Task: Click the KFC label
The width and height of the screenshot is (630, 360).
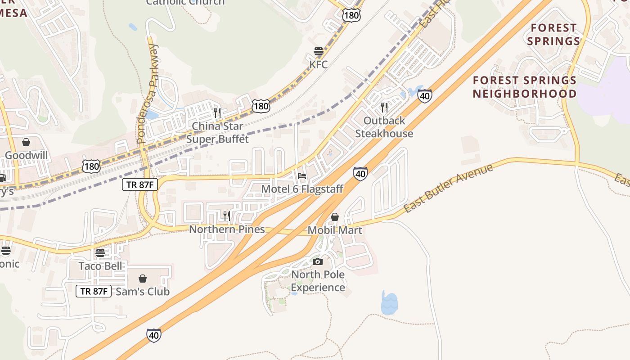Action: (x=318, y=64)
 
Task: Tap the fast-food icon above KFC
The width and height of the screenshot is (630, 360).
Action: (x=319, y=51)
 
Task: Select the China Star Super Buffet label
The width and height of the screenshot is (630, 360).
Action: (x=217, y=133)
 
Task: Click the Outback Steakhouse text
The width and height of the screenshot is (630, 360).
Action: (x=384, y=127)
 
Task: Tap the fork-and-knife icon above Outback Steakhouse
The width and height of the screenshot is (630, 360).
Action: (x=384, y=107)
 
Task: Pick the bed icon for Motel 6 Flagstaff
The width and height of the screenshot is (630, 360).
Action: (x=302, y=176)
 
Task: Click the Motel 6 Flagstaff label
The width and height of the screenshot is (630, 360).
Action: (x=302, y=189)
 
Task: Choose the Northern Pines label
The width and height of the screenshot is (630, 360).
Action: (x=227, y=229)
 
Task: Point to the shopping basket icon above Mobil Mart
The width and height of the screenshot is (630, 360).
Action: (x=334, y=217)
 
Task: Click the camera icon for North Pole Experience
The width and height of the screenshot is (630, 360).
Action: (x=318, y=261)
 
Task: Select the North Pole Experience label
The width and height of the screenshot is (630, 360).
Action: (x=318, y=281)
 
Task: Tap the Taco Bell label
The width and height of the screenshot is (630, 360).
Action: (x=100, y=265)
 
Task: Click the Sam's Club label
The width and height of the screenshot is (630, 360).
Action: (x=143, y=292)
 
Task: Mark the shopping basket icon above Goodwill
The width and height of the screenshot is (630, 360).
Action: (x=26, y=142)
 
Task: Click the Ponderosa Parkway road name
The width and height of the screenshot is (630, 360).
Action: (x=148, y=94)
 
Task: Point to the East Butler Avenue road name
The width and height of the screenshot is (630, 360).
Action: (x=448, y=188)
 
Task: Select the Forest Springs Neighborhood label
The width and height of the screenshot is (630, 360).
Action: (x=525, y=87)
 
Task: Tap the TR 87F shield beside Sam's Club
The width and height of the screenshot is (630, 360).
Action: (x=93, y=291)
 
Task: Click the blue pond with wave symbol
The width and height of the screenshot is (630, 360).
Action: (x=389, y=303)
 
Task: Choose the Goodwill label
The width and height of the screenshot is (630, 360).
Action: (x=26, y=155)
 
